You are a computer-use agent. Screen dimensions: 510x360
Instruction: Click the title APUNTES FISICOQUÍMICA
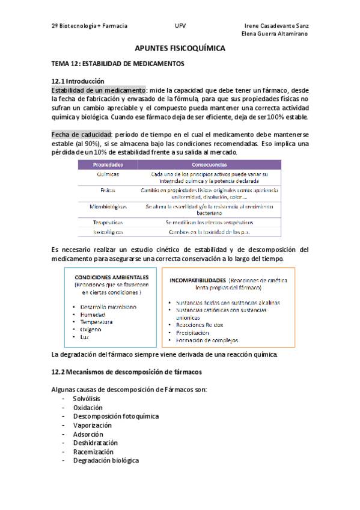pyautogui.click(x=180, y=48)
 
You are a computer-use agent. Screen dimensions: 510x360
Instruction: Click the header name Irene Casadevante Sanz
pyautogui.click(x=277, y=26)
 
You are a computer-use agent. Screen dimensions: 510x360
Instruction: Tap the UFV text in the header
pyautogui.click(x=180, y=26)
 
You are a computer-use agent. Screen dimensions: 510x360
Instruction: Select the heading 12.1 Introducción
pyautogui.click(x=78, y=81)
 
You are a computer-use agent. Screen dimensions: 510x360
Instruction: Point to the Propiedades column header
pyautogui.click(x=108, y=164)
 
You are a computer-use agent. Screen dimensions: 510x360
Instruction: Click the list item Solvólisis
pyautogui.click(x=87, y=399)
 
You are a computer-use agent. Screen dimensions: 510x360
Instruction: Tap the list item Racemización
pyautogui.click(x=93, y=451)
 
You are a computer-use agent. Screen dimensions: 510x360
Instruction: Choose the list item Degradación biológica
pyautogui.click(x=106, y=460)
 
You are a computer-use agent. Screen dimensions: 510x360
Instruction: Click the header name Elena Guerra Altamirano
pyautogui.click(x=275, y=34)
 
